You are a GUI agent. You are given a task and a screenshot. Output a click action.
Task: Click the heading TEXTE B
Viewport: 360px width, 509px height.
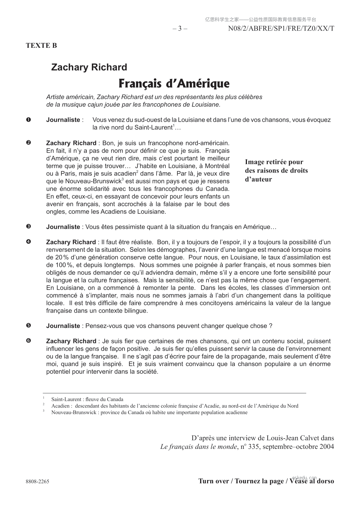(x=41, y=46)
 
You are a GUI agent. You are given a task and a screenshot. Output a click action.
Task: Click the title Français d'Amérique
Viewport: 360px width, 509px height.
(x=174, y=83)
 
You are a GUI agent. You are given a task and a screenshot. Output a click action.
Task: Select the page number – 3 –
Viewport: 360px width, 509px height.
(x=180, y=29)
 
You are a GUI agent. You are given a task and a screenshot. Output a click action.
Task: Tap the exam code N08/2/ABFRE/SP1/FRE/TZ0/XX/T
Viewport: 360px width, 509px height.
(x=281, y=29)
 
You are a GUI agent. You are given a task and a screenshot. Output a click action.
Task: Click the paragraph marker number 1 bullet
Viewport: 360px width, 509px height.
(x=28, y=120)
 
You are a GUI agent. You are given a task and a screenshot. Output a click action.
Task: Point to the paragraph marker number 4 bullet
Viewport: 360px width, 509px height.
(x=28, y=242)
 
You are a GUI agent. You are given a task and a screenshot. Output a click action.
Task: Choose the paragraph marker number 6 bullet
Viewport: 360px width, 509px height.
(x=28, y=341)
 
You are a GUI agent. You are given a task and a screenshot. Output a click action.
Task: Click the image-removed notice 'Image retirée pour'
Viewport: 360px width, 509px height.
(x=274, y=162)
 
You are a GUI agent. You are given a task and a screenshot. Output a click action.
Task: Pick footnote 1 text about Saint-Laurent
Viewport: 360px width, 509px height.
(x=87, y=399)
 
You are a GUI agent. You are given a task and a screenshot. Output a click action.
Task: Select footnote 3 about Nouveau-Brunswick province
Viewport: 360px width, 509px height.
(x=149, y=413)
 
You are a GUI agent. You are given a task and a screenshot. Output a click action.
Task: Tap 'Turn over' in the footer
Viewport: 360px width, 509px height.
(x=214, y=481)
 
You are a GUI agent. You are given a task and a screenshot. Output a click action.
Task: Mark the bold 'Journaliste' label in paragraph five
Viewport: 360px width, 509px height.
(x=63, y=326)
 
